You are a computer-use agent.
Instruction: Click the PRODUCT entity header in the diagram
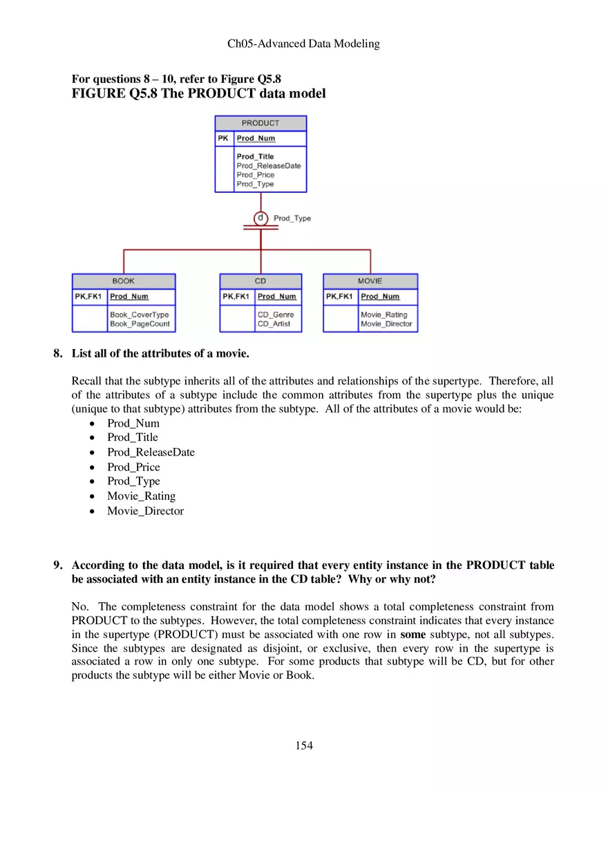(x=260, y=123)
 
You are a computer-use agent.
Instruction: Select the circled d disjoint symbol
(x=260, y=218)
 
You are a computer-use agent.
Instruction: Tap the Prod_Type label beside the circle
(x=292, y=218)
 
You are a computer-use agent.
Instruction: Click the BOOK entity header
(x=124, y=281)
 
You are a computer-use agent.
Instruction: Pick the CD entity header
(x=260, y=281)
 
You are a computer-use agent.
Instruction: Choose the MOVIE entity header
(x=370, y=281)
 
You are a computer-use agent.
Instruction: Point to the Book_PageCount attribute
(x=140, y=324)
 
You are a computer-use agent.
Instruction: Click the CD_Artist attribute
(x=274, y=324)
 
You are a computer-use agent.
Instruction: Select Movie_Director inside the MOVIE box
(x=386, y=324)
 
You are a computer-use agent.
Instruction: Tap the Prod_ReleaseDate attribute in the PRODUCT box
(x=269, y=166)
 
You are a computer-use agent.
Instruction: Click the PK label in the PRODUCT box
(x=223, y=138)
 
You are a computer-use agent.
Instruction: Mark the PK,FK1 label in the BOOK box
(x=89, y=297)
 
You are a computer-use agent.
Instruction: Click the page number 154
(x=304, y=745)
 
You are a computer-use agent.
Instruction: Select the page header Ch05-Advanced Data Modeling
(x=304, y=44)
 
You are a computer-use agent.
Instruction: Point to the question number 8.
(x=58, y=354)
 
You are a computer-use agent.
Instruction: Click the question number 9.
(x=58, y=565)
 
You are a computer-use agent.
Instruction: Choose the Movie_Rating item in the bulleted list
(x=141, y=496)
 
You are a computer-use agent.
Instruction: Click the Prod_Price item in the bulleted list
(x=133, y=467)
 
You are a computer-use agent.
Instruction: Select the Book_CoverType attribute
(x=139, y=315)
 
